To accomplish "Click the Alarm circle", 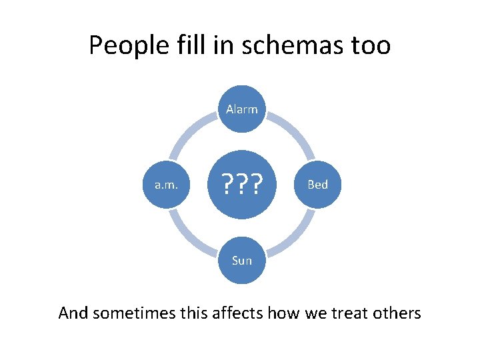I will [x=241, y=109].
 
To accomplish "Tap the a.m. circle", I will [x=166, y=184].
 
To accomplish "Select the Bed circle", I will [x=317, y=184].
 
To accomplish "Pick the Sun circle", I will [x=241, y=259].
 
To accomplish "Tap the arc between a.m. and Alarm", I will [x=191, y=133].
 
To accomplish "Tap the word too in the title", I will [x=370, y=46].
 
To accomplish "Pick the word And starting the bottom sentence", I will [x=73, y=312].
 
